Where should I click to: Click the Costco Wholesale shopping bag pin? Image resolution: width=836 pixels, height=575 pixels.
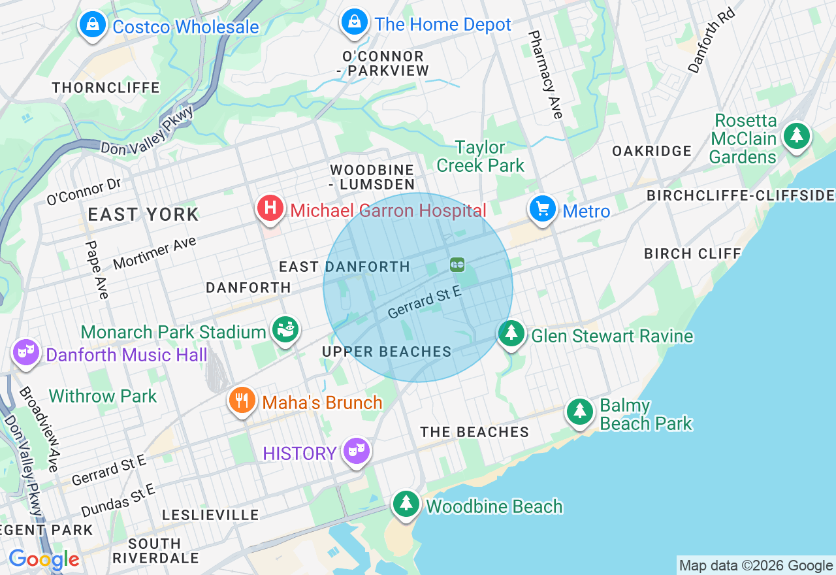93,25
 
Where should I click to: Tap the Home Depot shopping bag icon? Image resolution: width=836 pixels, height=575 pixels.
354,23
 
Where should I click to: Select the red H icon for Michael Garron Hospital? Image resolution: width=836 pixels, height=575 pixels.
270,208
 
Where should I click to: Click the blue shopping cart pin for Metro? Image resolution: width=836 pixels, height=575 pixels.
542,209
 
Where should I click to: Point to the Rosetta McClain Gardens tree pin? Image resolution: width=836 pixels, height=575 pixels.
796,137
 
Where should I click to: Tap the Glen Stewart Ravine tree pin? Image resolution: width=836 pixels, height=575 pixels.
511,333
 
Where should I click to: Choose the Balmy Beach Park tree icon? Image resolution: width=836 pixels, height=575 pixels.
579,412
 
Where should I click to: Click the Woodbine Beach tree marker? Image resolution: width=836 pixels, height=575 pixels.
406,504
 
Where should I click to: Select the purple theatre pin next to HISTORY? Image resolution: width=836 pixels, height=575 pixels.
357,450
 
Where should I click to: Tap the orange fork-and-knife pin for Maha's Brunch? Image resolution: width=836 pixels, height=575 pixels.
242,400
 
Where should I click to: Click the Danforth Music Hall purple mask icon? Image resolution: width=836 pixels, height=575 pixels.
25,353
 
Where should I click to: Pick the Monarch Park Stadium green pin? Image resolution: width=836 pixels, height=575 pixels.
285,329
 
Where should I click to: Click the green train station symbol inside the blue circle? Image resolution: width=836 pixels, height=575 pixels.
457,264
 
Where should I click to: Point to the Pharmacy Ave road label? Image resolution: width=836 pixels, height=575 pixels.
545,74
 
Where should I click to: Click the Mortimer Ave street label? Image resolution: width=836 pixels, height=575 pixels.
155,254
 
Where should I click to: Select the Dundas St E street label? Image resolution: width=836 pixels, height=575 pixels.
118,500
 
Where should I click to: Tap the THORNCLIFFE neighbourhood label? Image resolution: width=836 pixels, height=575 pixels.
106,88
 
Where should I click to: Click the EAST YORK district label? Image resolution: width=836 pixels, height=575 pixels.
143,214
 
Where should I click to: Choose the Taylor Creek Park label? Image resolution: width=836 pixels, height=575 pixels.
480,157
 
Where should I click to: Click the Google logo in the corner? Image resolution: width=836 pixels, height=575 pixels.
44,559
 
